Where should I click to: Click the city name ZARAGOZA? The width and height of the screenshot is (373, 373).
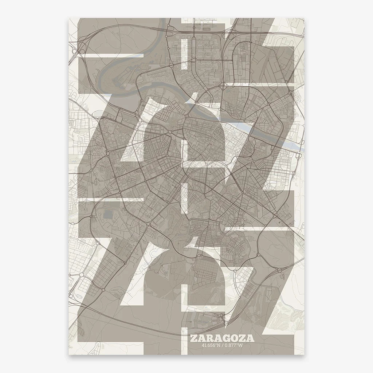[222, 338]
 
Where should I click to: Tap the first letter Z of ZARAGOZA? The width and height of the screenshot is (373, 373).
[193, 338]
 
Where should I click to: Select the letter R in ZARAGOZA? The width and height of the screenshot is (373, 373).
[210, 338]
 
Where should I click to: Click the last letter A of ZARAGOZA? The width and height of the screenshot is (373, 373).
[251, 338]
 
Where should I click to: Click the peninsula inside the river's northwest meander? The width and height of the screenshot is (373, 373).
[120, 75]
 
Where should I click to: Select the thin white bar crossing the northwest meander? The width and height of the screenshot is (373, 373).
[109, 55]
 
